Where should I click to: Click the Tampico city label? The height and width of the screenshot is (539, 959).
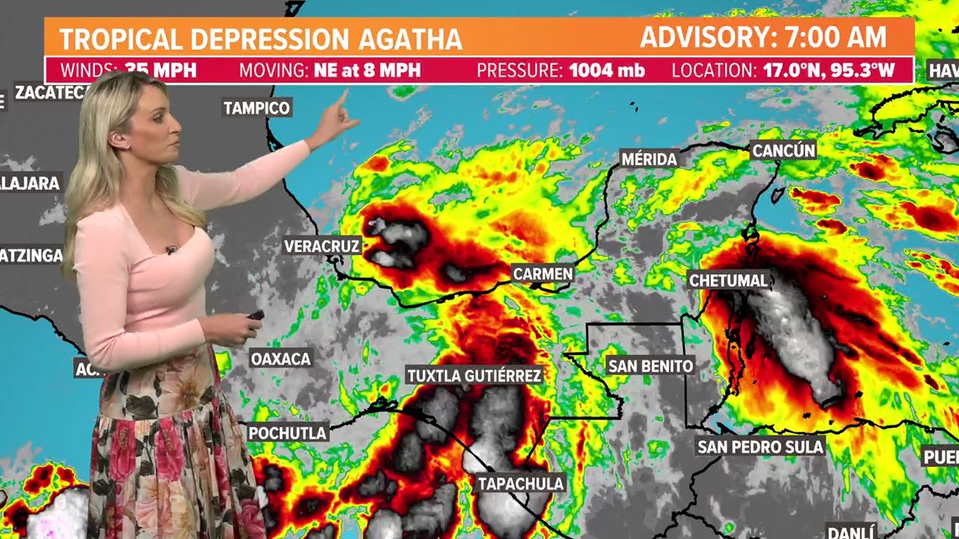tap(257, 108)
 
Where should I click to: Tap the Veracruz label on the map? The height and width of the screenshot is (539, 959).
tap(321, 246)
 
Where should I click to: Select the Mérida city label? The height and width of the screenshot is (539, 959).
tap(649, 159)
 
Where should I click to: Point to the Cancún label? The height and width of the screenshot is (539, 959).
tap(783, 151)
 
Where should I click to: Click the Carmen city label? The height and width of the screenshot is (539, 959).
tap(543, 274)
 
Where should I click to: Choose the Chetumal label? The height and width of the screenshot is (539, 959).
tap(729, 280)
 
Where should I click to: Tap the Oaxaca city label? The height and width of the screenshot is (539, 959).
tap(281, 359)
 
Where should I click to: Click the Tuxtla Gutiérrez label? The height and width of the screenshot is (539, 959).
tap(474, 375)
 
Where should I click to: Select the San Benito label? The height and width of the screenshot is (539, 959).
tap(650, 366)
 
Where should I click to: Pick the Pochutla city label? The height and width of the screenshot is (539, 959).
tap(288, 433)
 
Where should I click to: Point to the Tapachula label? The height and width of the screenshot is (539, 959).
tap(521, 484)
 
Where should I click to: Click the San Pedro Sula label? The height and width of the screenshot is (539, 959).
tap(760, 447)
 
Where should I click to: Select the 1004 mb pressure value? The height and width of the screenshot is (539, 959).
tap(607, 70)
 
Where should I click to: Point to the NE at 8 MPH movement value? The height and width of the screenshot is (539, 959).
tap(367, 70)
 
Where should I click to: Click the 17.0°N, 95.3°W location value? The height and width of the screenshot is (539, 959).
tap(829, 70)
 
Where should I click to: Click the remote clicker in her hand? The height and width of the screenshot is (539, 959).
tap(254, 316)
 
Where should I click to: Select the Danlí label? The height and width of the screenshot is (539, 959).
tap(851, 531)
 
